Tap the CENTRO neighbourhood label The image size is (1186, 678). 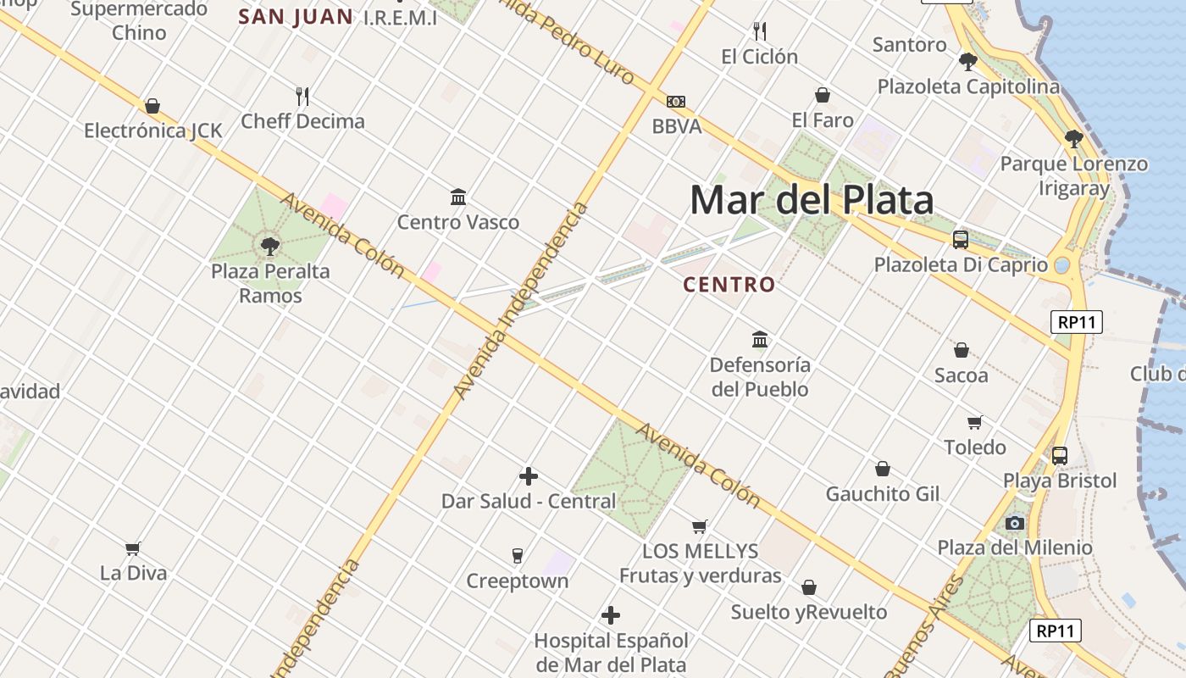tap(729, 285)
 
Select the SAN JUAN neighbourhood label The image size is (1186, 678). tap(296, 17)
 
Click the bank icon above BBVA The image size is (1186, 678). tap(676, 102)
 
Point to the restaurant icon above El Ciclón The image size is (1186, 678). tap(760, 31)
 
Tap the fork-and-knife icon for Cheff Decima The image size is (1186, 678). tap(302, 96)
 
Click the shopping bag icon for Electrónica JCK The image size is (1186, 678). tap(152, 106)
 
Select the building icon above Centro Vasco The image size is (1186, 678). tap(458, 197)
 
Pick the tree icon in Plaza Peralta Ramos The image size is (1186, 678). tap(270, 247)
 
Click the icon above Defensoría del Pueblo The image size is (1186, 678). tap(760, 340)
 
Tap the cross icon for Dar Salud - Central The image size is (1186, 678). tap(529, 476)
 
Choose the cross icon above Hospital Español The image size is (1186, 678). tap(611, 615)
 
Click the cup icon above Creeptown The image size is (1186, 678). tap(518, 556)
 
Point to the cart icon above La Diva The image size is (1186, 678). tap(133, 548)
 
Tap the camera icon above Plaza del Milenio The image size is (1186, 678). tap(1015, 523)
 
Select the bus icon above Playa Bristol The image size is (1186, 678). tap(1060, 456)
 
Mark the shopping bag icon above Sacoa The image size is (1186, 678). tap(962, 350)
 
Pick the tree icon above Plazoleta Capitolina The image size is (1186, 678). tap(967, 62)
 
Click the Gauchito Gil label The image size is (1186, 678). tap(883, 494)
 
